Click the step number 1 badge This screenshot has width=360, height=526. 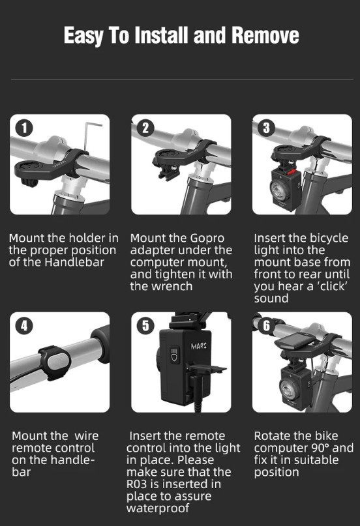pyautogui.click(x=24, y=128)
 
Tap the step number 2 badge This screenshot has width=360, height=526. pyautogui.click(x=145, y=128)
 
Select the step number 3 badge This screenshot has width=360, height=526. pyautogui.click(x=266, y=128)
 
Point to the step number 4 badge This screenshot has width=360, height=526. pyautogui.click(x=24, y=325)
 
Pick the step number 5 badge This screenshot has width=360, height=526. pyautogui.click(x=145, y=325)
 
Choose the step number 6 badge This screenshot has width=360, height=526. pyautogui.click(x=266, y=325)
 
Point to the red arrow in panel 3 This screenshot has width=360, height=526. pyautogui.click(x=292, y=172)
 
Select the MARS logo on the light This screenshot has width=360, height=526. pyautogui.click(x=199, y=346)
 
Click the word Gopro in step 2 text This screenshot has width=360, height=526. pyautogui.click(x=207, y=238)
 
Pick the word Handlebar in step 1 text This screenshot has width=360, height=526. pyautogui.click(x=74, y=262)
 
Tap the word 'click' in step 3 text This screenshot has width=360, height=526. pyautogui.click(x=329, y=286)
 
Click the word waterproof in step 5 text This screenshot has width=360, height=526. pyautogui.click(x=158, y=508)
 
